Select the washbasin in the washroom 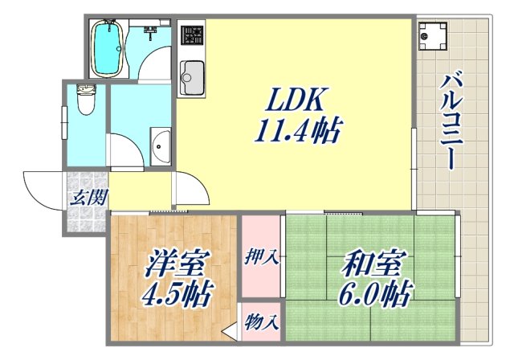pyautogui.click(x=159, y=147)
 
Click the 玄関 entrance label pyautogui.click(x=87, y=197)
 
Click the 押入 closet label pyautogui.click(x=261, y=258)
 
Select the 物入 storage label pyautogui.click(x=261, y=323)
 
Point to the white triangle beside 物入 pyautogui.click(x=230, y=329)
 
